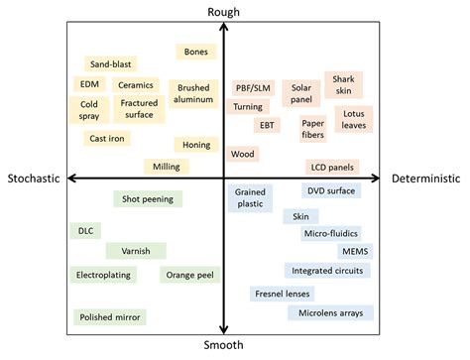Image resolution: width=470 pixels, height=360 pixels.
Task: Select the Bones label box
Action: pos(194,51)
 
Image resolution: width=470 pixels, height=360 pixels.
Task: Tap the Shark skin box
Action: pos(343,84)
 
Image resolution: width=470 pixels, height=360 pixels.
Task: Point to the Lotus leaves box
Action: pos(354,119)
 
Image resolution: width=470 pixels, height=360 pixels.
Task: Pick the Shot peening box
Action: pos(148,198)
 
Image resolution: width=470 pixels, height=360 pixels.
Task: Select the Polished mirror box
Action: pos(110,317)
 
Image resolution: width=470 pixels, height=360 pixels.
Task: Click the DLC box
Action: pos(85,230)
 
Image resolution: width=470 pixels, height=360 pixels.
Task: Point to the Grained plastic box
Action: pos(250,197)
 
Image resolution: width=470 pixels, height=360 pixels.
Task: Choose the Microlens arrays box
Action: pos(330,313)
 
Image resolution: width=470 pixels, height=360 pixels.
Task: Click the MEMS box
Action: pos(353,251)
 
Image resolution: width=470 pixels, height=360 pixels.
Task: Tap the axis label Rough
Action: pos(223,11)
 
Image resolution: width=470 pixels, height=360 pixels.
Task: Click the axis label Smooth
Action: pos(224,347)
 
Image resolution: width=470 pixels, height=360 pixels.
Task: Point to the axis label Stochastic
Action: pos(34,179)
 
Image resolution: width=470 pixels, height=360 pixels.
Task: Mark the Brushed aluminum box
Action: pos(193,94)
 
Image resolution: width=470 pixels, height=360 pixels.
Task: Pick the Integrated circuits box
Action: pos(327,270)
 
